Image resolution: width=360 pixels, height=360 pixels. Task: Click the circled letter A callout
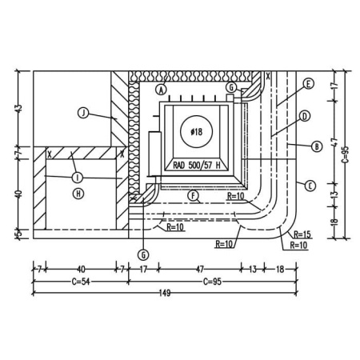[x=161, y=90]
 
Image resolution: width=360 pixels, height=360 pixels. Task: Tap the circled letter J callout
[x=83, y=113]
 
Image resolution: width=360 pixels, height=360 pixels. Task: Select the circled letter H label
[x=78, y=194]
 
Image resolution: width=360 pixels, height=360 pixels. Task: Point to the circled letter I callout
[x=78, y=178]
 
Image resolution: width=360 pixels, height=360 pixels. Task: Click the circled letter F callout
[x=193, y=195]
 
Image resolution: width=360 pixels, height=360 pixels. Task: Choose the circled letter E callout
[x=308, y=84]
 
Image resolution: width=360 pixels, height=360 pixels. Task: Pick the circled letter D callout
[x=305, y=116]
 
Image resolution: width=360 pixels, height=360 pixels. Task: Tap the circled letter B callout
[x=317, y=146]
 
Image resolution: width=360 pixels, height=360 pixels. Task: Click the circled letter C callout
[x=310, y=186]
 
